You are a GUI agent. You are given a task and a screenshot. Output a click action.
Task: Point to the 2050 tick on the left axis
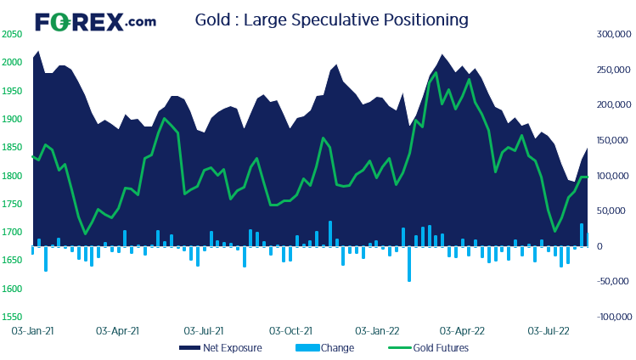coord(12,34)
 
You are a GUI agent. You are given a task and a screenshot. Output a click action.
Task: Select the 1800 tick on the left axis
coord(12,176)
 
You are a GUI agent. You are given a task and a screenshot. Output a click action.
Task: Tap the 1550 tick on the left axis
coord(12,317)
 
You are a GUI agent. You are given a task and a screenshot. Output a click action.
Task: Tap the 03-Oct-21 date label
coord(290,329)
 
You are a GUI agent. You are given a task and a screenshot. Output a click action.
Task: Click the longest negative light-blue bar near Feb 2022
coord(408,264)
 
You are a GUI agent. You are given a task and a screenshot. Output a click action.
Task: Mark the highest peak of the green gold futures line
coord(436,72)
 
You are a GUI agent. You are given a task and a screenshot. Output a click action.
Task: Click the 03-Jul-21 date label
coord(204,329)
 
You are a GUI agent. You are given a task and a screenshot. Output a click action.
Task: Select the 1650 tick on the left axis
coord(12,261)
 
